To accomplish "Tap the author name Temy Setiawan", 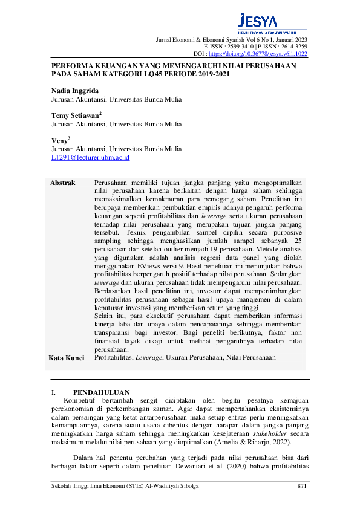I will click(x=76, y=115).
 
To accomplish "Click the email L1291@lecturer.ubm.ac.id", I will click(x=90, y=157).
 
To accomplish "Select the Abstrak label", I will click(x=63, y=183).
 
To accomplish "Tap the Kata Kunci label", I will click(x=66, y=358).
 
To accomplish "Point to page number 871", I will click(x=303, y=486).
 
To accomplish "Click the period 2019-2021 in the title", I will click(x=208, y=74).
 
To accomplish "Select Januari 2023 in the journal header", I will click(x=287, y=39).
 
